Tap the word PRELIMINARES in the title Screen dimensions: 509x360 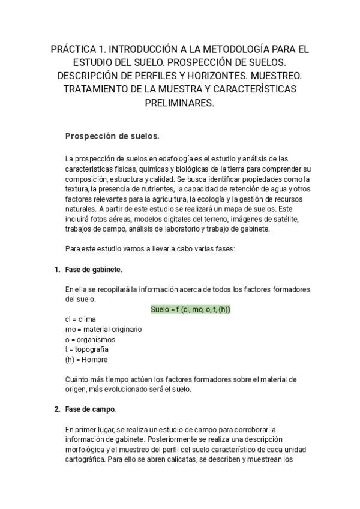tap(179, 103)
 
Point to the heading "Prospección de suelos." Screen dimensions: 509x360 tap(112, 136)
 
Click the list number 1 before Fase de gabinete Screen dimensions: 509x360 tap(56, 270)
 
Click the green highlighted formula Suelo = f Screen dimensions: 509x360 tap(191, 309)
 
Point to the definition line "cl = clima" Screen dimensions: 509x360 tap(80, 319)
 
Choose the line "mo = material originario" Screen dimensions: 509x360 tap(103, 329)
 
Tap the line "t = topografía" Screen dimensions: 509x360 tap(87, 349)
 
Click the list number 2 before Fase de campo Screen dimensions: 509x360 tap(56, 409)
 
